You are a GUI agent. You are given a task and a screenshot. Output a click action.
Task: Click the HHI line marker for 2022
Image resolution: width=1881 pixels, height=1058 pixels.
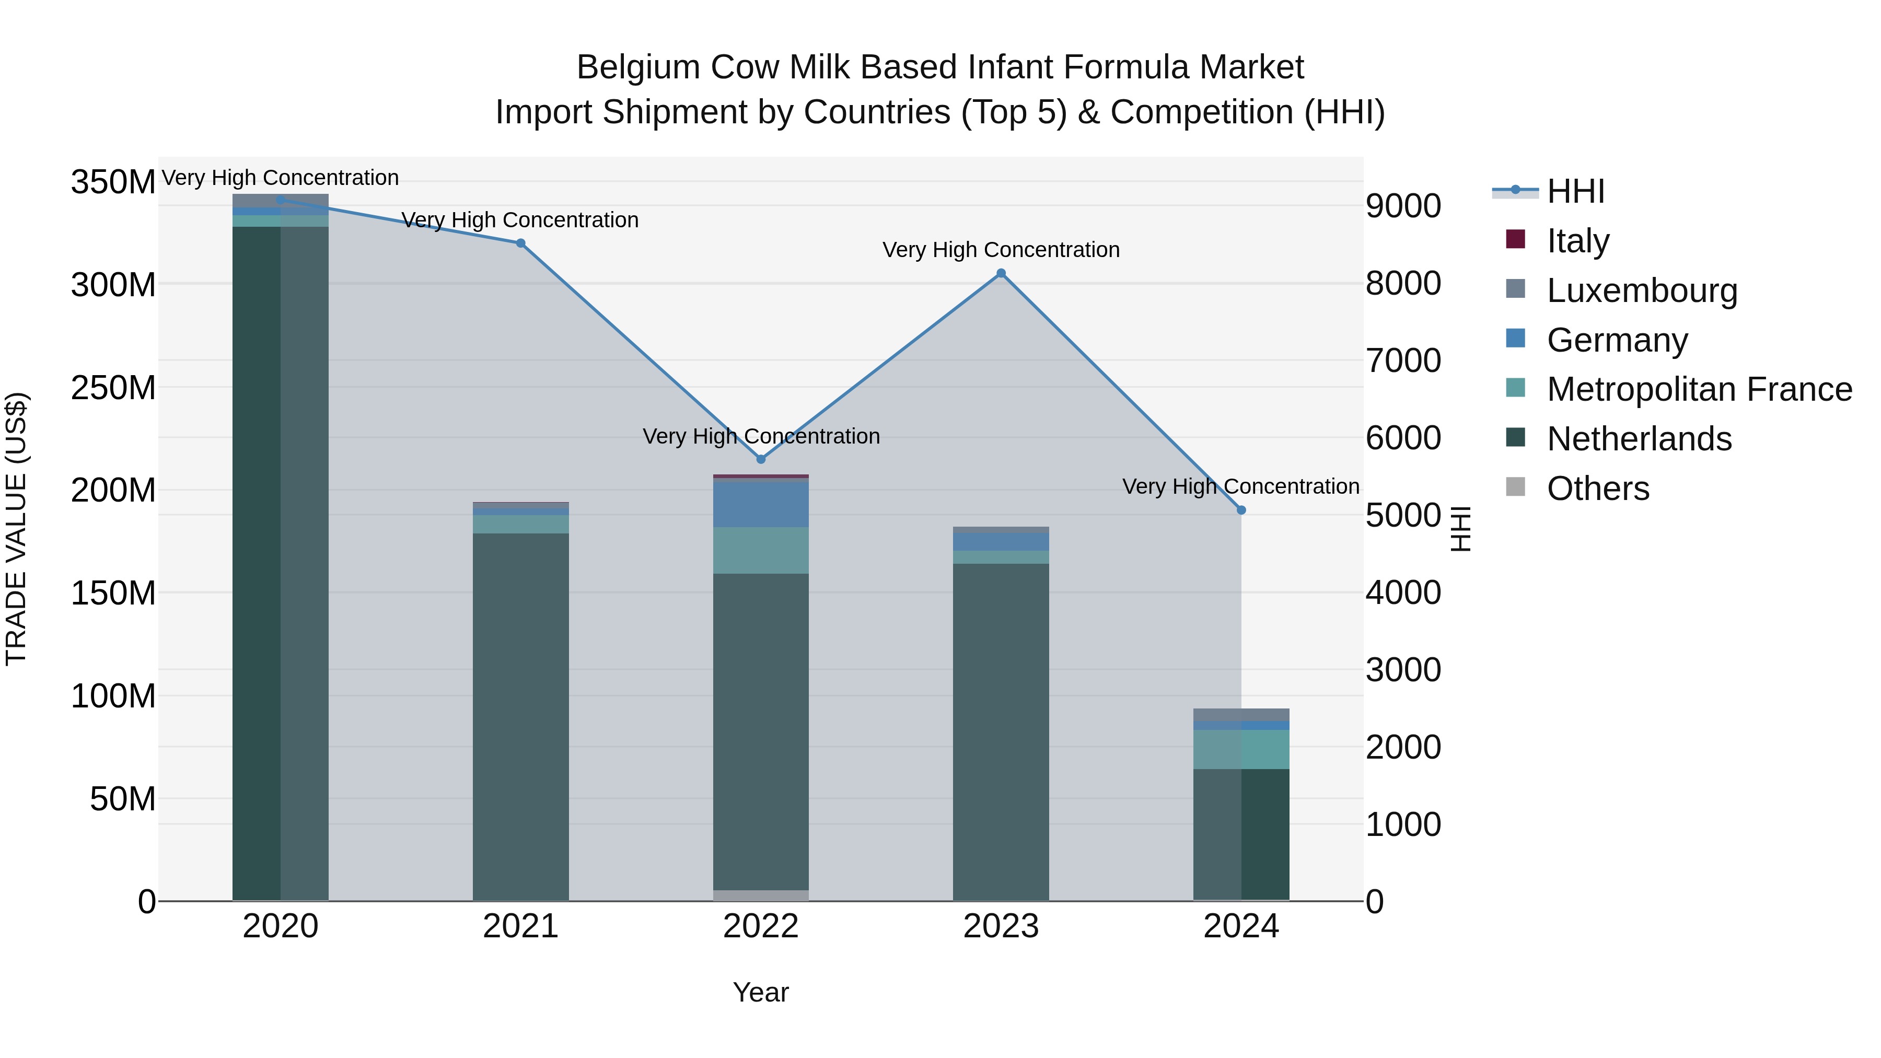coord(761,459)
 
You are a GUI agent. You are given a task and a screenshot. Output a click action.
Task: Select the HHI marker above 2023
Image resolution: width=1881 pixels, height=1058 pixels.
coord(1001,274)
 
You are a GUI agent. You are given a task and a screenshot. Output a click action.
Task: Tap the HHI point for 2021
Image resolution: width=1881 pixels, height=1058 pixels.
coord(520,243)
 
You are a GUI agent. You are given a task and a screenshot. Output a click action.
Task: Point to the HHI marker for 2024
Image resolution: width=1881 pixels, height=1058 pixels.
coord(1241,510)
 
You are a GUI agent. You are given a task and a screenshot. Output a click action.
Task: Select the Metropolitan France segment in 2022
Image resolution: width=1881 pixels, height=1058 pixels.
coord(761,551)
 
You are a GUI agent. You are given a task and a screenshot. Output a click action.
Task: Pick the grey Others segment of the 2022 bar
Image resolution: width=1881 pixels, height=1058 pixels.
coord(761,895)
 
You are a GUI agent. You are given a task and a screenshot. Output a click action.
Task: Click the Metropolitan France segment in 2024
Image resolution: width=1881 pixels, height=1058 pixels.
coord(1241,749)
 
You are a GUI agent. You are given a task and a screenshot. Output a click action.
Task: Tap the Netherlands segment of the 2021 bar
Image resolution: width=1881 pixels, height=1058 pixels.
coord(520,716)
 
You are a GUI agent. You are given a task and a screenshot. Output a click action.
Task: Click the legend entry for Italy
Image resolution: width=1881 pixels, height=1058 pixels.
coord(1578,241)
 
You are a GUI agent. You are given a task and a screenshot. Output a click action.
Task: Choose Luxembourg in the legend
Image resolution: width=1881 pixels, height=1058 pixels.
coord(1642,290)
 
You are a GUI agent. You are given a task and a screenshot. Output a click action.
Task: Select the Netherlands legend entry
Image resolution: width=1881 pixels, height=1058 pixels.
coord(1639,439)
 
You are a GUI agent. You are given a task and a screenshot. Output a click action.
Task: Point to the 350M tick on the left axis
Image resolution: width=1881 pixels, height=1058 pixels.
coord(113,182)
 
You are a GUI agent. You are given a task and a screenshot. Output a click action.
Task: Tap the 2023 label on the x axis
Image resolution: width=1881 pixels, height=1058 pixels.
coord(1001,926)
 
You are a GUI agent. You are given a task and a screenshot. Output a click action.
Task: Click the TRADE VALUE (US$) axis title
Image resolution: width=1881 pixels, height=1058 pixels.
coord(16,529)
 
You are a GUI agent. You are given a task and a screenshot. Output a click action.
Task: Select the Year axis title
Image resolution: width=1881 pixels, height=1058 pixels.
coord(761,992)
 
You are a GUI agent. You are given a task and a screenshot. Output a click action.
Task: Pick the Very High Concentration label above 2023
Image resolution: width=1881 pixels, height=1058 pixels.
coord(1001,250)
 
